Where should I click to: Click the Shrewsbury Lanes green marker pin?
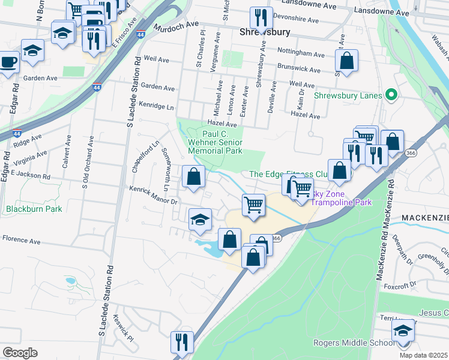(391, 95)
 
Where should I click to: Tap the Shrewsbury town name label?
(265, 32)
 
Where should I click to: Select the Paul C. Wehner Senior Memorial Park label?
(215, 142)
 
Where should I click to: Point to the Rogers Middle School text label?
(354, 343)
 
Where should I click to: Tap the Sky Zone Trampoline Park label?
(340, 199)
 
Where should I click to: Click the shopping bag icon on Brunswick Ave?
(347, 60)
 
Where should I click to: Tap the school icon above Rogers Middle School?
(403, 330)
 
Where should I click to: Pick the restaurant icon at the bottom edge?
(181, 342)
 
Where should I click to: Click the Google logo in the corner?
(20, 353)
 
